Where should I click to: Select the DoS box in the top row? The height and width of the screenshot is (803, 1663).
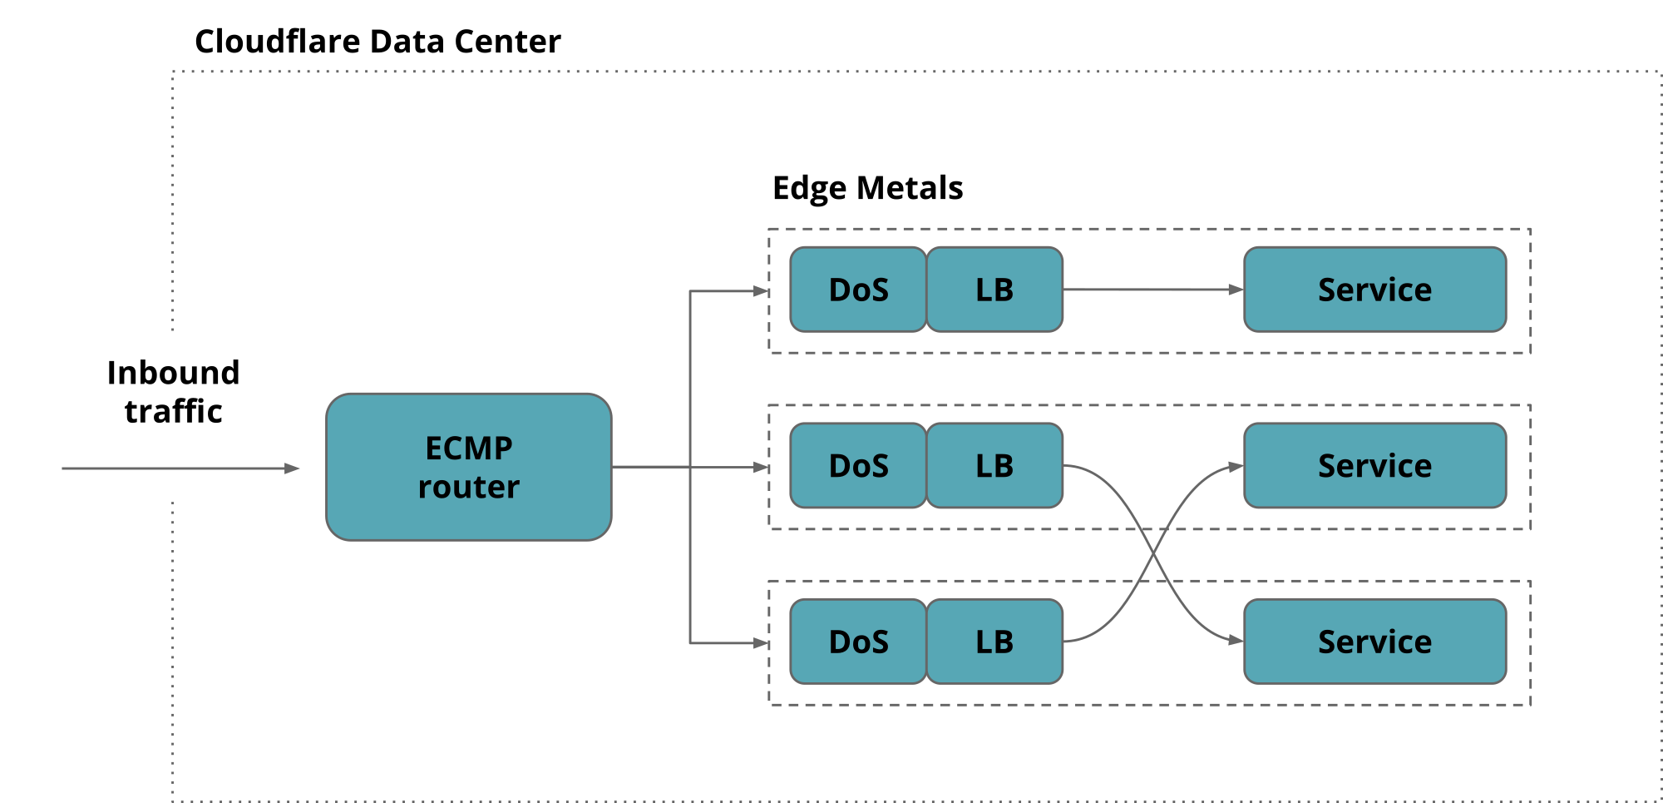(857, 290)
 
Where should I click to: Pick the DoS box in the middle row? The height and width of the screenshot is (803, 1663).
(857, 465)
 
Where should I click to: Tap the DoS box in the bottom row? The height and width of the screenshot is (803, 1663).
(857, 642)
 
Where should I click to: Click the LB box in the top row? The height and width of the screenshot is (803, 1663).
(994, 290)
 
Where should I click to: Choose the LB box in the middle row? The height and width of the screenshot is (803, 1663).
(994, 465)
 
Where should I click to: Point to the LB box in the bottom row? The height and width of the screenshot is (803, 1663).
(994, 642)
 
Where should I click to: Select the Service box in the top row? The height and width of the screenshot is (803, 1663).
(1374, 290)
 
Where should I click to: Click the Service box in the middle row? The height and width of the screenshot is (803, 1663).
(1374, 465)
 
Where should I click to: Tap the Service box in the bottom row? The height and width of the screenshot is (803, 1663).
(1374, 642)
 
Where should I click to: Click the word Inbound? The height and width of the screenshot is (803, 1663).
(173, 373)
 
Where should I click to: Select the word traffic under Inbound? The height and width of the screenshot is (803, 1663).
(173, 411)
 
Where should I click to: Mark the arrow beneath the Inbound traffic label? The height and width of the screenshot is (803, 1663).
(179, 468)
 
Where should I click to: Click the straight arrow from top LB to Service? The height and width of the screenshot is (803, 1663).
(1152, 290)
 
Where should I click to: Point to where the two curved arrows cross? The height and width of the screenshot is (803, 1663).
(1153, 553)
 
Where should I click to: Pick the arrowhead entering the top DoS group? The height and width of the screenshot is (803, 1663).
(762, 291)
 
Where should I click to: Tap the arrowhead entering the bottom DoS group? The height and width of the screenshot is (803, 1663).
(762, 643)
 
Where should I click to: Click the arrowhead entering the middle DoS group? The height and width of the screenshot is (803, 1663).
(762, 468)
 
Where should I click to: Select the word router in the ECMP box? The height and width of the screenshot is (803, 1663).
(468, 487)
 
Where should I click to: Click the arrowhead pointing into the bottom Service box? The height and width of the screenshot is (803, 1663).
(1236, 640)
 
